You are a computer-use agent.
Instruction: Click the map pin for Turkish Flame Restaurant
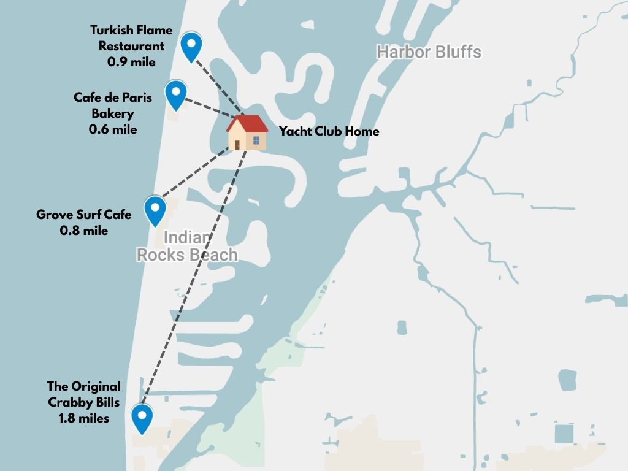tap(192, 45)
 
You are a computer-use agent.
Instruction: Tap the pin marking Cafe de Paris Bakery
tap(176, 94)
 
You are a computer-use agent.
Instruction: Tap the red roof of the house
tap(247, 124)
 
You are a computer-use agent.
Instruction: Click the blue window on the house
tap(256, 140)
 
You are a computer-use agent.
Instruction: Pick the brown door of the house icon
tap(237, 145)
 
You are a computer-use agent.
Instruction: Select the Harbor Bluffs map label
tap(429, 52)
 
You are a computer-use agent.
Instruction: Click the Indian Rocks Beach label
tap(186, 246)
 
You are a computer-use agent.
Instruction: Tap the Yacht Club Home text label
tap(329, 131)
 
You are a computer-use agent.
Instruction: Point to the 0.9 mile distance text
tap(131, 61)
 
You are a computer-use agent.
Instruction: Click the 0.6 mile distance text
tap(113, 129)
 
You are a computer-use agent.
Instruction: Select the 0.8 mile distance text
tap(84, 231)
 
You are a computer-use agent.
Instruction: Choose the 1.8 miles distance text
tap(84, 418)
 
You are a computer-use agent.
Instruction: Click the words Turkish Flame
tap(131, 30)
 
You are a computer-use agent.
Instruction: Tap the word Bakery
tap(113, 113)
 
